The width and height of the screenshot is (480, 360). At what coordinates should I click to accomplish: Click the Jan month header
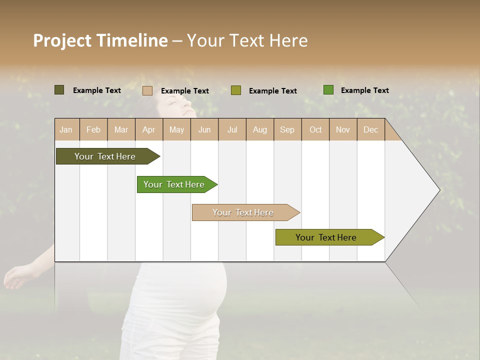[66, 129]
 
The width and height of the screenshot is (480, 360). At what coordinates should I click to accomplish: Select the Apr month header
[148, 129]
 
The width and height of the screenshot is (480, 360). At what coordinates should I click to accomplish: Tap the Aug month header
[259, 129]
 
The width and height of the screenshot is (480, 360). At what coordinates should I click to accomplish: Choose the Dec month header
[370, 129]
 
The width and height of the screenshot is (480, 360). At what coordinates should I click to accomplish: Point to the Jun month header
[204, 129]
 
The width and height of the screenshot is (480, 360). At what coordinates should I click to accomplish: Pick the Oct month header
[315, 129]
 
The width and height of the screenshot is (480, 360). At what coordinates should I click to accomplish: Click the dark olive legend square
[59, 90]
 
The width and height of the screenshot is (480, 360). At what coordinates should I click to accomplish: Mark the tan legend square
[147, 90]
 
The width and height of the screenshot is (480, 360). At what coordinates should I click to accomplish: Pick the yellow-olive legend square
[236, 90]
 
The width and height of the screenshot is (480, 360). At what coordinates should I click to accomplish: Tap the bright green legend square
[328, 90]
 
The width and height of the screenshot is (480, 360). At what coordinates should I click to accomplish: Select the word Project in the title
[62, 41]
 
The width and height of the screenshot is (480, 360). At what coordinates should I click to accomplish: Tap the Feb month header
[93, 129]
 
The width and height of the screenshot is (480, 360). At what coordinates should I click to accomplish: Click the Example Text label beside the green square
[364, 90]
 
